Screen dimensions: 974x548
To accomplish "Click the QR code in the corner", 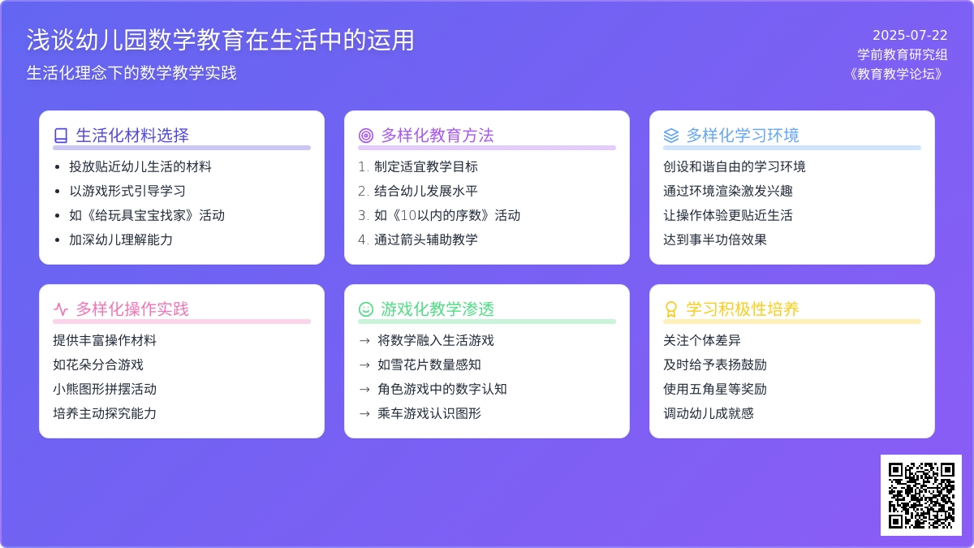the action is click(921, 495).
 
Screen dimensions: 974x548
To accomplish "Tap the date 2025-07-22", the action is click(910, 35).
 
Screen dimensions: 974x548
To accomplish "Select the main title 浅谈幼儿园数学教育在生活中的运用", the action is click(221, 40).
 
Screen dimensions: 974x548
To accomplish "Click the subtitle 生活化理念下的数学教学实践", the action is click(131, 72).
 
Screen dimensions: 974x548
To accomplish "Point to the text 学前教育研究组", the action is click(903, 54).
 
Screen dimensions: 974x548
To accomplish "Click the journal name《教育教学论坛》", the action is click(896, 74).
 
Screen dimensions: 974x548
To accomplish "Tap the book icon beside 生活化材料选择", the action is click(61, 136).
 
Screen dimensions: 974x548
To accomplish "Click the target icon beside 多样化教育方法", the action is click(366, 136).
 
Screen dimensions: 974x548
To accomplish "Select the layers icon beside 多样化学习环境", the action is click(671, 136).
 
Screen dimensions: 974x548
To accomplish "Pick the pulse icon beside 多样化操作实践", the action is click(61, 309).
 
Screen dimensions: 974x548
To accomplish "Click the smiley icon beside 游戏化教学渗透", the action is click(366, 309).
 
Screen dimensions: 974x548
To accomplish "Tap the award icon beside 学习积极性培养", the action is click(671, 309).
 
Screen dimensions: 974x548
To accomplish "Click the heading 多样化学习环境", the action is click(743, 136).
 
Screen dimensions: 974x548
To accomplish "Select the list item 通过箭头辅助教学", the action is click(426, 239).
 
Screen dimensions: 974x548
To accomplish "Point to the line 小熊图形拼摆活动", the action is click(105, 389).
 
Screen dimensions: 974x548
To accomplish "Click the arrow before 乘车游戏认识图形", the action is click(364, 413).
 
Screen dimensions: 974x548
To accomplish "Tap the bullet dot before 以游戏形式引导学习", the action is click(58, 191).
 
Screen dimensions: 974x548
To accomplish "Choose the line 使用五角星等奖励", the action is click(715, 389).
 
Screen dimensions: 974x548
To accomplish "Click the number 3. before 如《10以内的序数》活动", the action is click(364, 215).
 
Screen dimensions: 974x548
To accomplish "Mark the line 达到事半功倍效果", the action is click(715, 239).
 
